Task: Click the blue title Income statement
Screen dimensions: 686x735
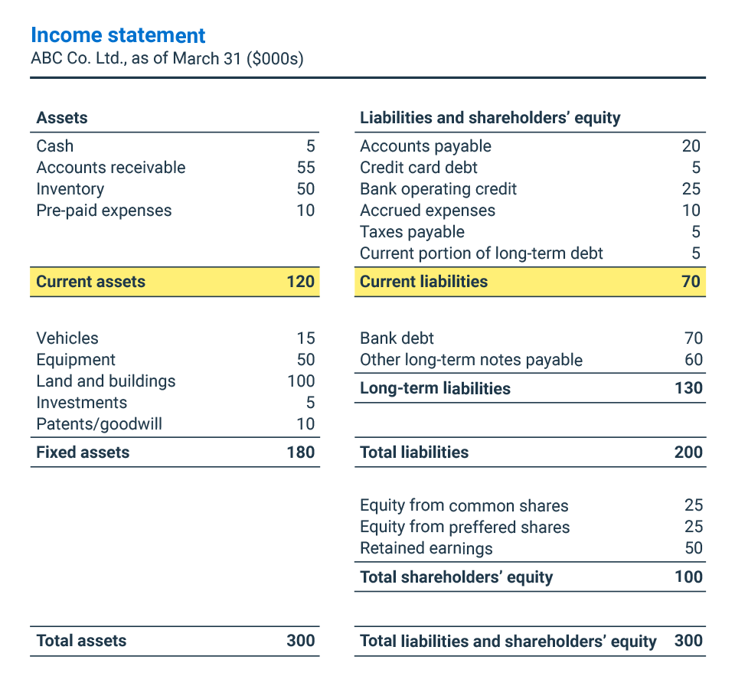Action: point(118,36)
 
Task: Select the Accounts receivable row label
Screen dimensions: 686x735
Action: point(110,168)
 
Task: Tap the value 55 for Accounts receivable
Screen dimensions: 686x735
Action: point(305,168)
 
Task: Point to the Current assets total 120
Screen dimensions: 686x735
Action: point(300,282)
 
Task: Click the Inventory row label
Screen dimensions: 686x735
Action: point(70,189)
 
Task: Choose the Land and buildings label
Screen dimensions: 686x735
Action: point(106,381)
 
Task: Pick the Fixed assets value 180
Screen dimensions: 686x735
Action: point(300,452)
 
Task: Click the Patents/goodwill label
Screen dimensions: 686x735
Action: point(99,424)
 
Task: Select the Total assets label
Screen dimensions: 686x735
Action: point(81,642)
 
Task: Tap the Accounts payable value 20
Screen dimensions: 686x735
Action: point(691,146)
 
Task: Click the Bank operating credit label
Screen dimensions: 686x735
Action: point(438,189)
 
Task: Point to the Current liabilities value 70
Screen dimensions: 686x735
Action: point(691,282)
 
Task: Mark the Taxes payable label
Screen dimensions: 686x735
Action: point(412,232)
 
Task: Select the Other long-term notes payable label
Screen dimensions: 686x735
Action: point(471,360)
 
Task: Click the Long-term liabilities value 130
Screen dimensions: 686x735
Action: point(688,388)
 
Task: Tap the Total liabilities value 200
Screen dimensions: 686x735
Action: point(688,452)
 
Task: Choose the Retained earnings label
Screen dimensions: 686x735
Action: point(426,548)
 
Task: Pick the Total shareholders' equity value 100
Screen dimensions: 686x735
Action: point(688,577)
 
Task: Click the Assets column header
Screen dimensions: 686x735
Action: point(62,118)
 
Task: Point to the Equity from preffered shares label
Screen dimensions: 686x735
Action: point(465,527)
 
